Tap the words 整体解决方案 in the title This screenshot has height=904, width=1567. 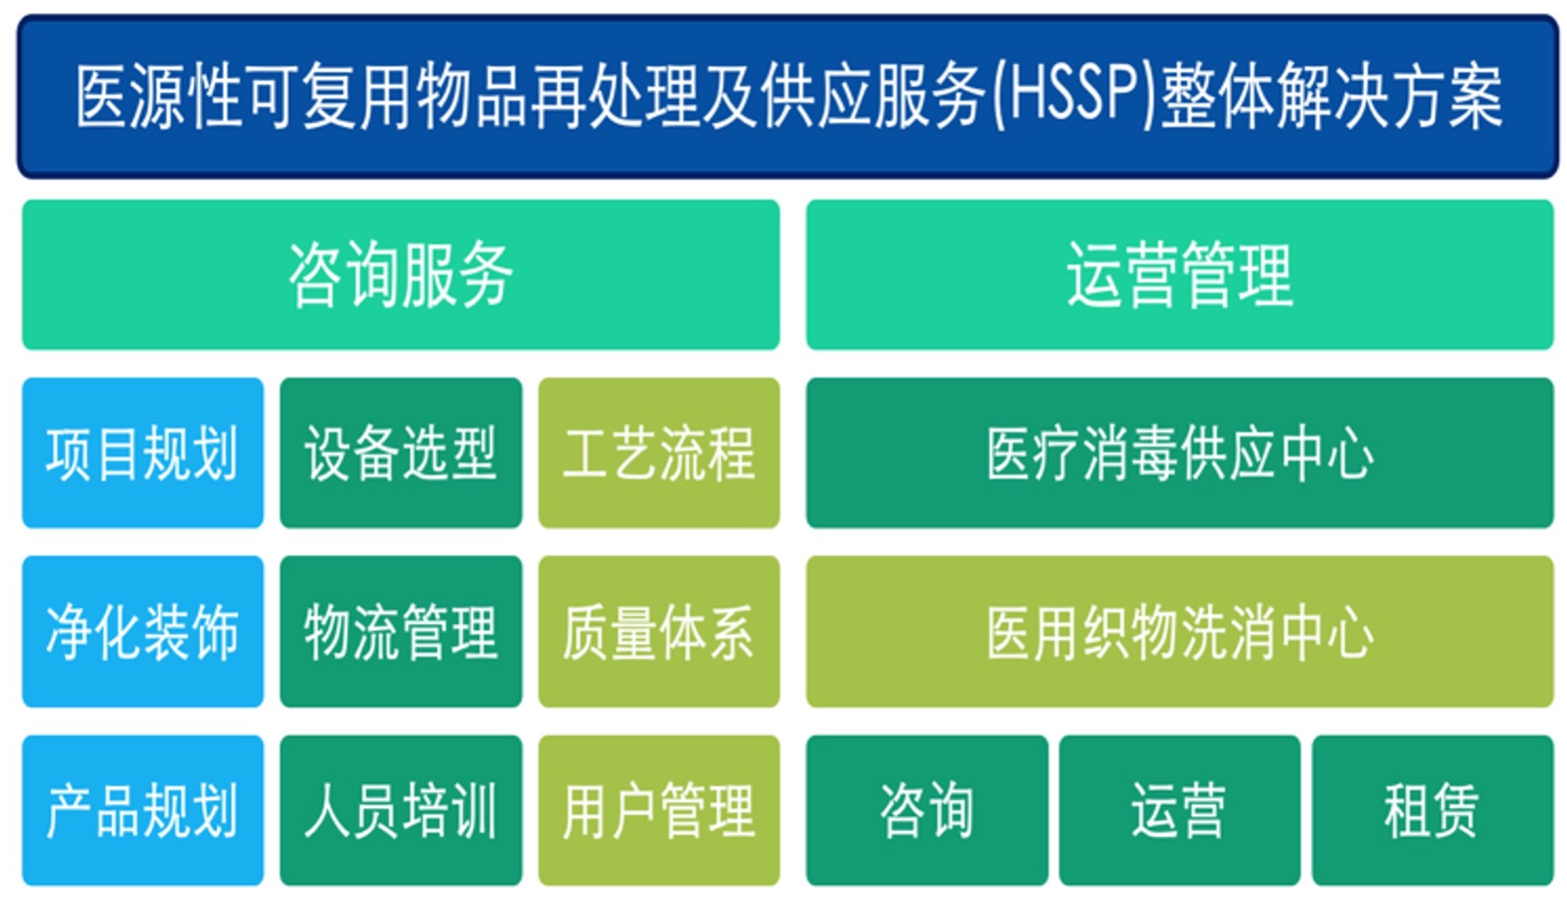coord(1332,97)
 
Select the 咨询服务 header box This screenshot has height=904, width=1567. coord(401,275)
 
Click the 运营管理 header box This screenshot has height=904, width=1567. coord(1180,275)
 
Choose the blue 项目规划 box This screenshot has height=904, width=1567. coord(143,453)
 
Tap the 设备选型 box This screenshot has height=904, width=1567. coord(401,453)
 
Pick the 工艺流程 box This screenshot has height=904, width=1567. coord(659,453)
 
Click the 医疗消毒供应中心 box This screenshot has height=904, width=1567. coord(1180,453)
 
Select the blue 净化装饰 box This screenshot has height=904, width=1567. coord(143,631)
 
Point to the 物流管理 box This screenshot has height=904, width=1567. coord(401,631)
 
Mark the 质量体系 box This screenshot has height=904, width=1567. coord(659,631)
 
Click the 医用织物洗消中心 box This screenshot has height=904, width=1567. coord(1180,631)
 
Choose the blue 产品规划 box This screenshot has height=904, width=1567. coord(143,810)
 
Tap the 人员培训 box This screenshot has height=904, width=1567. coord(401,810)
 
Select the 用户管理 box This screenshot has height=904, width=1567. coord(659,810)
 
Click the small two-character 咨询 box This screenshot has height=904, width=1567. coord(927,810)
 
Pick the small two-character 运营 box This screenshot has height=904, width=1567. coord(1180,810)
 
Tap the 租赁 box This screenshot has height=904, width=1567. coord(1433,810)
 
